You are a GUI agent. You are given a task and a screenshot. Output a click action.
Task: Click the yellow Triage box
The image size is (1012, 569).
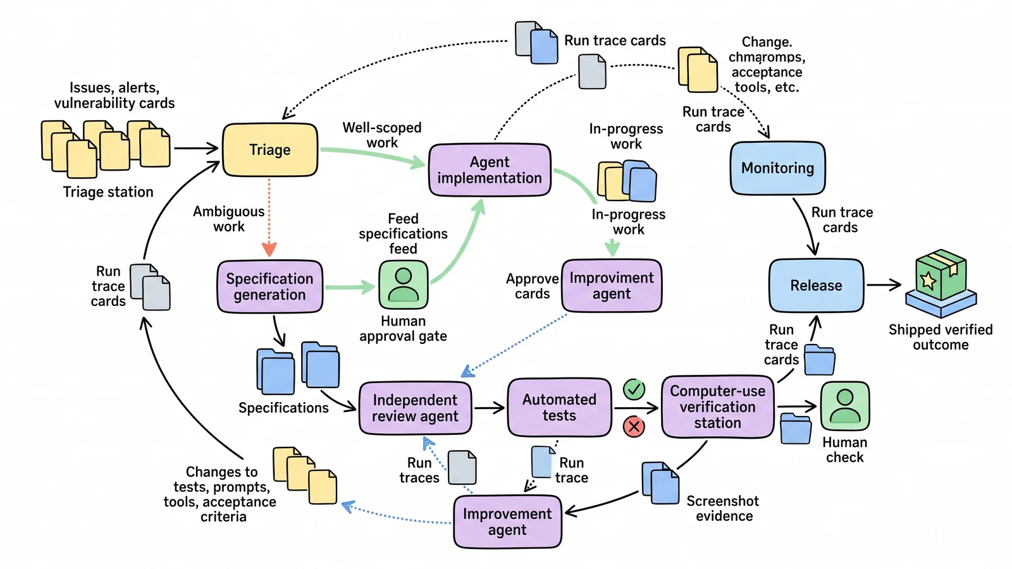click(270, 149)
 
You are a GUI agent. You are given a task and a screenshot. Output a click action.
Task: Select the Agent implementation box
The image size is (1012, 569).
click(490, 170)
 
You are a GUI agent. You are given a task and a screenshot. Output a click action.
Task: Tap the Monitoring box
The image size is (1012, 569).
click(777, 168)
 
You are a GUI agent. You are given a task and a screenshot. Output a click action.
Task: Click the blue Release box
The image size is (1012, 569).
click(817, 285)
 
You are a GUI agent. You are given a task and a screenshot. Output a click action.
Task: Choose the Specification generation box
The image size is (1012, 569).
click(269, 286)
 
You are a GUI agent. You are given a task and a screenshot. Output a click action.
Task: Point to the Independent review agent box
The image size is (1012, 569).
click(415, 408)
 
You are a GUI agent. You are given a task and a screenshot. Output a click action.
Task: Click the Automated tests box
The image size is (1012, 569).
click(559, 407)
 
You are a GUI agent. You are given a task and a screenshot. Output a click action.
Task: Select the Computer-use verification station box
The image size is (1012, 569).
click(717, 407)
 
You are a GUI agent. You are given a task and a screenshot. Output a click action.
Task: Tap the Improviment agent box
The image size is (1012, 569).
click(612, 285)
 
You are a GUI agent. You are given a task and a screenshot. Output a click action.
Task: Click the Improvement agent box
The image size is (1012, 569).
click(507, 522)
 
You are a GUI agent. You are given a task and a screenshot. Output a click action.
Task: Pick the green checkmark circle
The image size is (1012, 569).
click(634, 389)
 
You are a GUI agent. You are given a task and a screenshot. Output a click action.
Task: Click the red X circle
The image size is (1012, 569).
click(634, 427)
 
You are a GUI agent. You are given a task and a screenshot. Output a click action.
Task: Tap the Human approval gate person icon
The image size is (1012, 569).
click(404, 285)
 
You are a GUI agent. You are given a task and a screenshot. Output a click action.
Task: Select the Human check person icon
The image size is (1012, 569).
click(845, 405)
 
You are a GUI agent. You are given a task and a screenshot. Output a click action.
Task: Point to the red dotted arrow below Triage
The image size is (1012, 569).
click(269, 217)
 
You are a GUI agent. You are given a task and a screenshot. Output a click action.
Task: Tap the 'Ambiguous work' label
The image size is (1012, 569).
click(228, 219)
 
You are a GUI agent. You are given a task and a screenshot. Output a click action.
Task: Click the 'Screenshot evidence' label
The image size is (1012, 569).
click(723, 508)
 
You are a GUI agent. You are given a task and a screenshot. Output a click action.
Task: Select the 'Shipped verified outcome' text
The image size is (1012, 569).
click(941, 337)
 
